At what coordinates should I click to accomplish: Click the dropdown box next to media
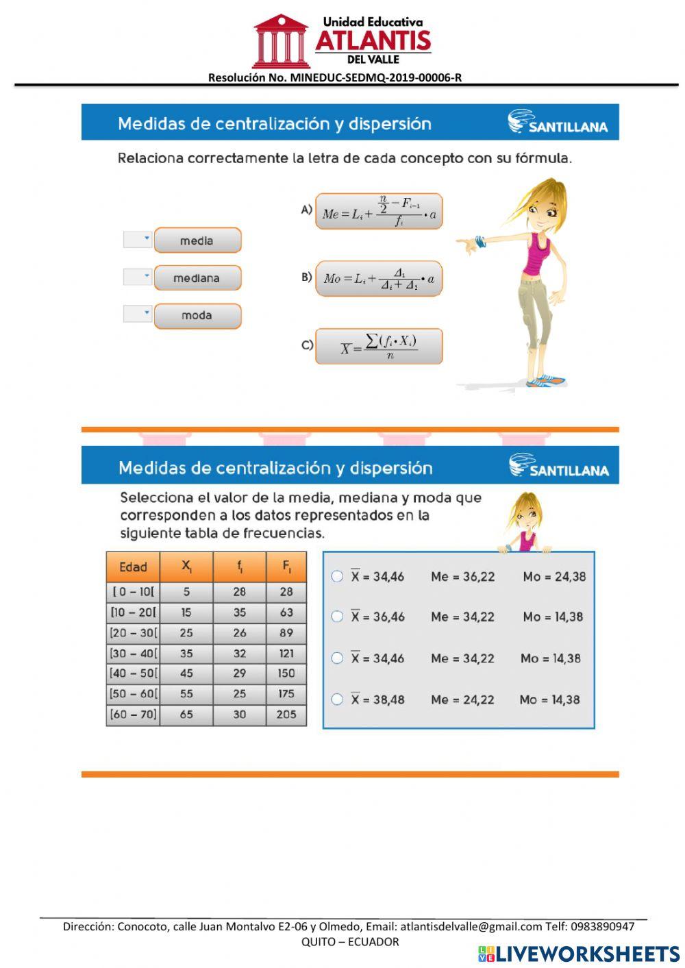[138, 239]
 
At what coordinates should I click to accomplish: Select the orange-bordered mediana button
[197, 278]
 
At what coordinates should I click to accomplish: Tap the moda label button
[197, 316]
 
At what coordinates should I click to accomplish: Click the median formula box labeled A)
[379, 211]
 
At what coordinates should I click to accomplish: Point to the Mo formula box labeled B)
[379, 278]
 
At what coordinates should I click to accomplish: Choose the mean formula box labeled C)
[379, 346]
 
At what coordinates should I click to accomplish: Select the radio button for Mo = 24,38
[337, 576]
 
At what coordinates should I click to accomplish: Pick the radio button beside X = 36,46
[337, 617]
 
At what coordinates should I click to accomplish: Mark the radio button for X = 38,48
[337, 699]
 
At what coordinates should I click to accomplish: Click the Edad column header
[133, 567]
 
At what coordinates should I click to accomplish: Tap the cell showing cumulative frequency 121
[286, 654]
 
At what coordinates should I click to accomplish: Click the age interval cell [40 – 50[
[133, 673]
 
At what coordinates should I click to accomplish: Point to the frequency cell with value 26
[239, 633]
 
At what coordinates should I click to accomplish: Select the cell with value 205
[286, 715]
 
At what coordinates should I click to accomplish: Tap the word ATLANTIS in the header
[373, 41]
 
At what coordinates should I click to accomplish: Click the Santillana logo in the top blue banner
[558, 123]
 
